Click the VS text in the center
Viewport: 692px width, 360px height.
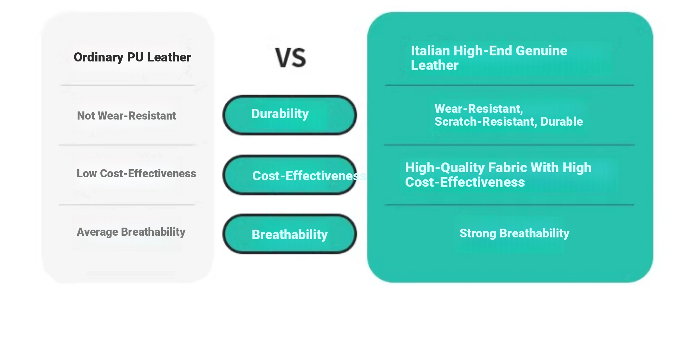click(x=291, y=57)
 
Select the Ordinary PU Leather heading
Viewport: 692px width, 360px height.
click(x=132, y=57)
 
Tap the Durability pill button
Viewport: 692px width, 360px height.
click(x=290, y=115)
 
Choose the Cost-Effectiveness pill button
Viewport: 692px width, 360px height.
click(x=290, y=175)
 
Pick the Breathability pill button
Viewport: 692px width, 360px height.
click(x=290, y=234)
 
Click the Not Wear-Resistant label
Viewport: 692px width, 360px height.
click(x=126, y=116)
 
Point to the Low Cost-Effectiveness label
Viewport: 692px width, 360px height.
click(x=136, y=173)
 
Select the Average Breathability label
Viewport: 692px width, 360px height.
click(x=131, y=232)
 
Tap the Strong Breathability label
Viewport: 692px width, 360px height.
click(x=514, y=233)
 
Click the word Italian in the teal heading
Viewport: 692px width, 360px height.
click(x=430, y=51)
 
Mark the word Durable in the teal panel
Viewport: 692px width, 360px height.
click(x=562, y=122)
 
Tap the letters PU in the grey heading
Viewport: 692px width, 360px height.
click(x=135, y=57)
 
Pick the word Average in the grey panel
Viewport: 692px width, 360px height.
click(x=97, y=232)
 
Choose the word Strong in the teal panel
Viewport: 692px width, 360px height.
click(x=478, y=233)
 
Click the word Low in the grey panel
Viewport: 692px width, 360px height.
click(x=86, y=173)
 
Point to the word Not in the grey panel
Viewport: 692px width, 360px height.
click(x=86, y=116)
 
